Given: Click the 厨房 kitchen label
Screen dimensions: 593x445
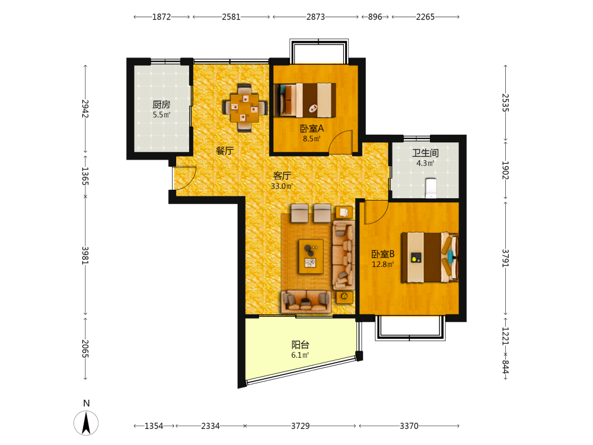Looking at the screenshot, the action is coord(161,104).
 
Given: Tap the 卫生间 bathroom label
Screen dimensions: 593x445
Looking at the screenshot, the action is coord(425,153).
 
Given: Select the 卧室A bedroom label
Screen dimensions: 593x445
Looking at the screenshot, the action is coord(312,129).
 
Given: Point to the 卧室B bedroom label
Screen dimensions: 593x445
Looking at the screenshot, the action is coord(383,254).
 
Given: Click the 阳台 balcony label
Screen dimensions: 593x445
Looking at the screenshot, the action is coord(300,345).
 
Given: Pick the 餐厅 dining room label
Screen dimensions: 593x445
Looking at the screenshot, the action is coord(225,151).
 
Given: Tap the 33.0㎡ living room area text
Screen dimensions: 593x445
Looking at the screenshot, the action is coord(282,186).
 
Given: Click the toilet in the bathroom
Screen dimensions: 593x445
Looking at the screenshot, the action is coord(431,188).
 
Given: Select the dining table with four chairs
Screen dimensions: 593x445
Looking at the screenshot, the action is coord(245,108).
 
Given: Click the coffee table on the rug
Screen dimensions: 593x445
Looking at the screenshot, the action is coord(311,256).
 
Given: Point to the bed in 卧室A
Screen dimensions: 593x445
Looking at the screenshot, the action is coord(305,100).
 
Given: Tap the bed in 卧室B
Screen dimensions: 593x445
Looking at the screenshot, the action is coord(430,258).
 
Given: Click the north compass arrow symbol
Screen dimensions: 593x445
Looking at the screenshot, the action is coord(86,422).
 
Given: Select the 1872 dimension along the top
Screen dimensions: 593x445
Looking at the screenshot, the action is coord(161,17).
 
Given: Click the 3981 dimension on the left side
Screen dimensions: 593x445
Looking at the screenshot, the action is coord(85,255).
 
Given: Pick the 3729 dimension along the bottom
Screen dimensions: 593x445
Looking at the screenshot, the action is coord(300,426).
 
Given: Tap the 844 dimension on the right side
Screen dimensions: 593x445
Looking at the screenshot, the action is coord(505,366).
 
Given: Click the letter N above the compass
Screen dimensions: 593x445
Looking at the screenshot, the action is coord(86,403).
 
